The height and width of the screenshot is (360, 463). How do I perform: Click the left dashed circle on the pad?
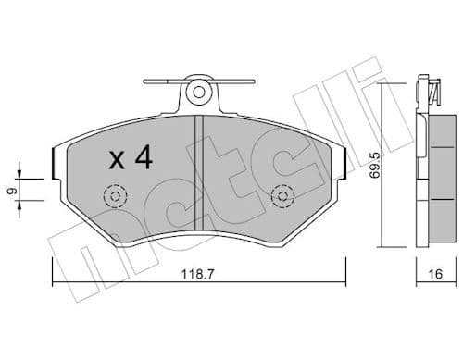pos(116,196)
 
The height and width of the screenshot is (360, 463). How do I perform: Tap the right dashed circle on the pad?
pos(282,196)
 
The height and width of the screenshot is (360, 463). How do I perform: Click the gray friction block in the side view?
pos(440,176)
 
